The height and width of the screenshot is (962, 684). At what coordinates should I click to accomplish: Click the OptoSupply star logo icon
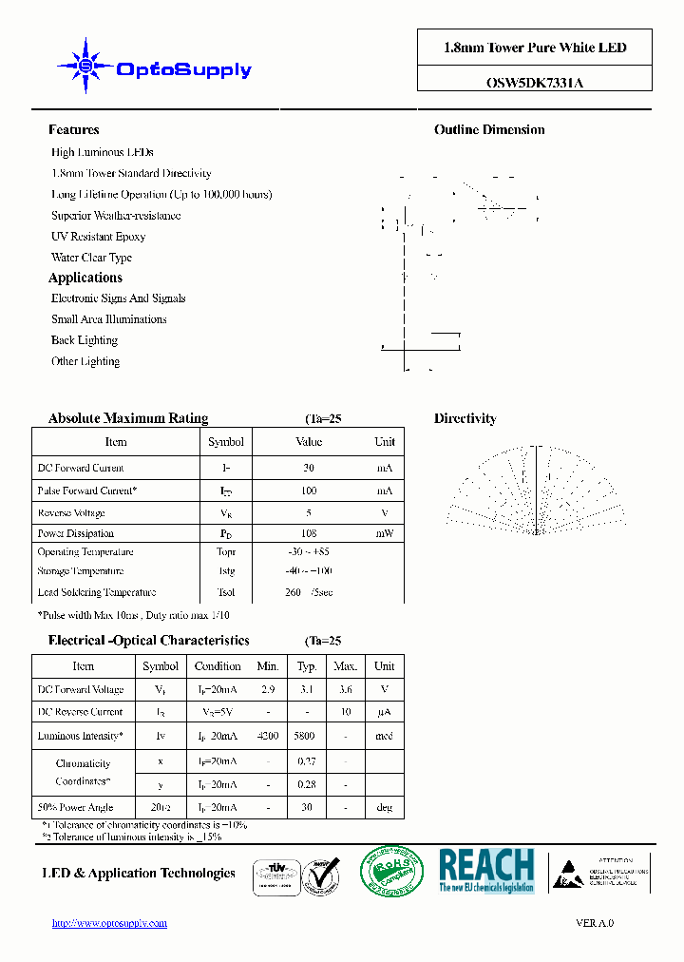point(85,66)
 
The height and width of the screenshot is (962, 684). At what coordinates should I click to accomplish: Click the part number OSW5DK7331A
point(535,82)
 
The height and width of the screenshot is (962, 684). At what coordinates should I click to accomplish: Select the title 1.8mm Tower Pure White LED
point(535,48)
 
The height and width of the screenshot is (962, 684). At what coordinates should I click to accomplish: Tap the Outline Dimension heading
point(489,130)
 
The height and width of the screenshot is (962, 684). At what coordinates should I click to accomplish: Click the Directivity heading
point(465,418)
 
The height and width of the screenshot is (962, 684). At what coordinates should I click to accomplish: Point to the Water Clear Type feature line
point(91,258)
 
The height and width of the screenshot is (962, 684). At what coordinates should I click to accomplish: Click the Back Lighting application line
point(85,340)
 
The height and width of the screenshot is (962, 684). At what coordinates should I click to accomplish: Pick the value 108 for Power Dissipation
point(308,534)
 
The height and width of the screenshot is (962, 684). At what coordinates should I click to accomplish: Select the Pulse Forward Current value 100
point(308,491)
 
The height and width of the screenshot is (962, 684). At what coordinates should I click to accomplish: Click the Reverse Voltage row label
point(71,513)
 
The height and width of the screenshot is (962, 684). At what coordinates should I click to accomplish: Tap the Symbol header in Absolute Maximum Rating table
point(225,442)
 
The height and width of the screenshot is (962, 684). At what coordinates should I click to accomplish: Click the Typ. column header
point(306,666)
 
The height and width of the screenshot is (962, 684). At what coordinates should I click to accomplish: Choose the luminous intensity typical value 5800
point(306,736)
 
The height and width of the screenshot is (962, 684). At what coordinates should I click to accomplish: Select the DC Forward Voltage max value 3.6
point(345,689)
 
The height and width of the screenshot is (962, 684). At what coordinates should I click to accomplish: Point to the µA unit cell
point(384,712)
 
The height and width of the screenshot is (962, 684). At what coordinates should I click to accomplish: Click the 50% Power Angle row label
point(75,808)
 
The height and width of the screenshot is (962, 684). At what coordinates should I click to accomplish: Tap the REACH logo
point(485,870)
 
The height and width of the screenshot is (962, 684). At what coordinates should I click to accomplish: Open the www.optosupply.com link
point(109,923)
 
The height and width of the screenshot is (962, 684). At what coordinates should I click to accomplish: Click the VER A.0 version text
point(595,923)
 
